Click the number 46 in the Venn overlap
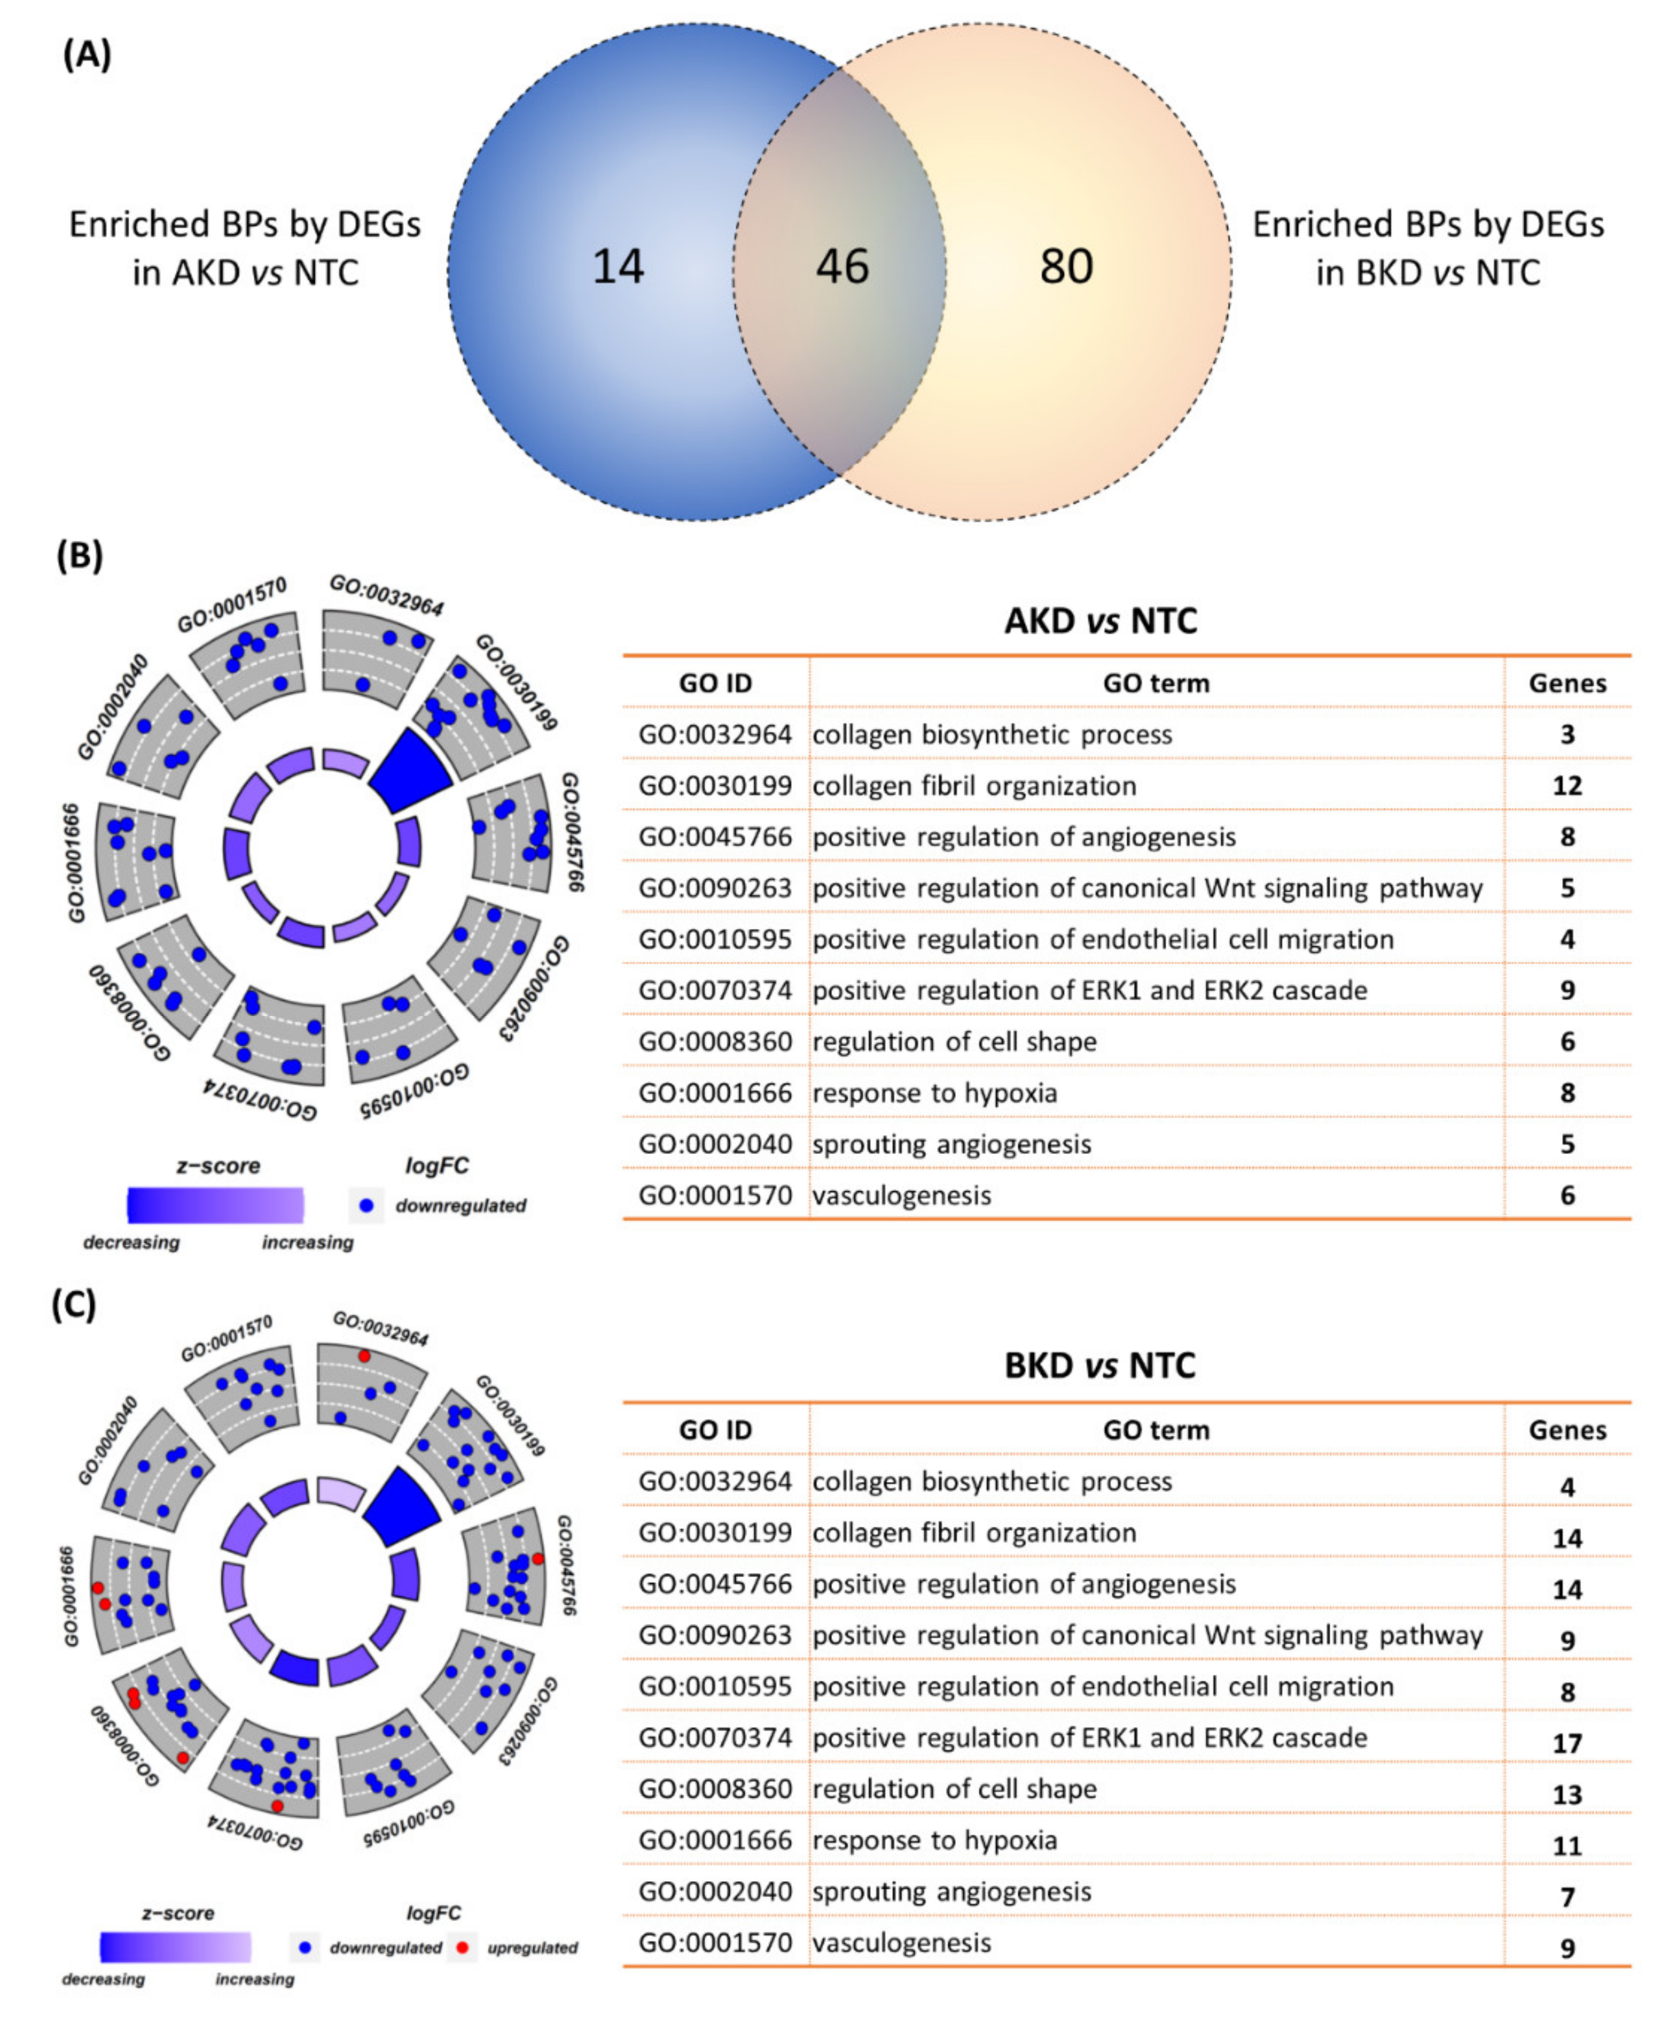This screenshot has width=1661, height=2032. pos(842,266)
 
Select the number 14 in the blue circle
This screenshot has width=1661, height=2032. pos(618,266)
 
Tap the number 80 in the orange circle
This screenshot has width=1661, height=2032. pos(1066,266)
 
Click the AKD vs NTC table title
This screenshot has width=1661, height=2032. pos(1100,621)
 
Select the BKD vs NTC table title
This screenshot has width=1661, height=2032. pos(1100,1365)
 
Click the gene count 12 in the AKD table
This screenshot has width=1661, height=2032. pos(1566,786)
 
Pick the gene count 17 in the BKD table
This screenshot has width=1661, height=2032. pos(1566,1743)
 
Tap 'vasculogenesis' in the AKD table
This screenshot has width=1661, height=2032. pos(901,1195)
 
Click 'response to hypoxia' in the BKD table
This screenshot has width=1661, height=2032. pos(935,1841)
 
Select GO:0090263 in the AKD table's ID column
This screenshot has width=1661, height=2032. pos(715,888)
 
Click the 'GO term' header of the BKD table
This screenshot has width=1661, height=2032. pos(1156,1430)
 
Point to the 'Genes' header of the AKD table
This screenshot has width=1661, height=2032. pos(1566,683)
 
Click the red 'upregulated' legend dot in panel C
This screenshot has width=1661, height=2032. pos(463,1947)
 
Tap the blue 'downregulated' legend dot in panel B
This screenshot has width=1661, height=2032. pos(366,1205)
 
